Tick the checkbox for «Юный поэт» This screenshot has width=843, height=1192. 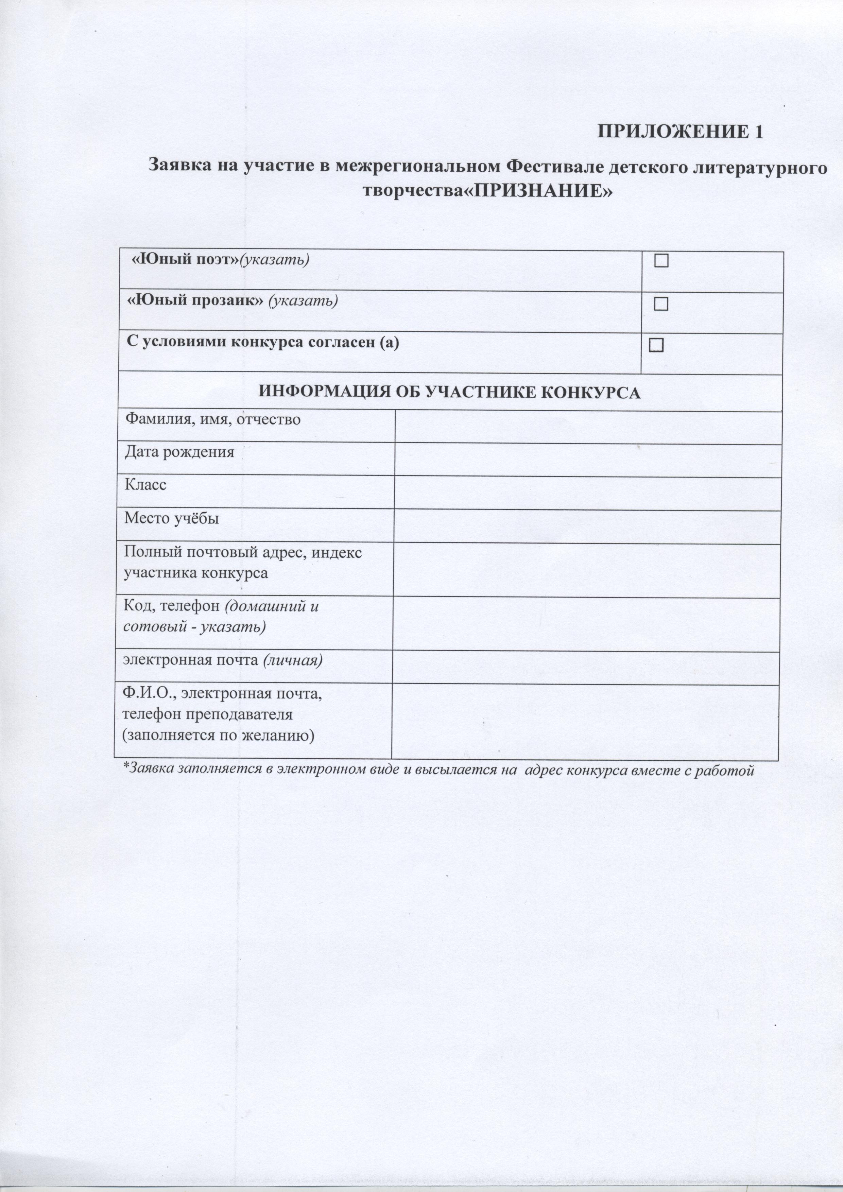coord(661,261)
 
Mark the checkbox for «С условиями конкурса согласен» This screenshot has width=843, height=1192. coord(656,345)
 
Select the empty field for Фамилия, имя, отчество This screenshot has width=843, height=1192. coord(588,428)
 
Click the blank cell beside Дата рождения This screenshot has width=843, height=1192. coord(588,461)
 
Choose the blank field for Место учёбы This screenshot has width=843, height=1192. coord(588,527)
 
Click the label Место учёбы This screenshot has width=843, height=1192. coord(171,518)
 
